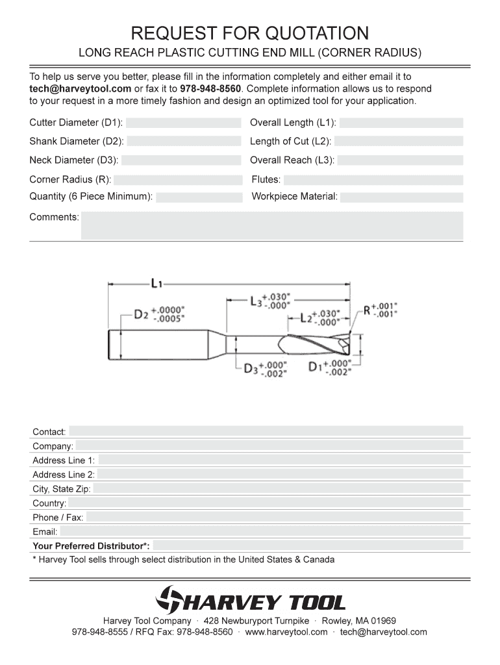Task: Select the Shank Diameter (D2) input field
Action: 184,141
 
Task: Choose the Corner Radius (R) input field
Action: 178,180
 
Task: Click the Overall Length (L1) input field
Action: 401,123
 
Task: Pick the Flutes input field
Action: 373,180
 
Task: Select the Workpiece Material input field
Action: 401,197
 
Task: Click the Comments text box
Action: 271,225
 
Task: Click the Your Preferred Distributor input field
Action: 308,546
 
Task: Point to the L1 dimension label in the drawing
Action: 156,283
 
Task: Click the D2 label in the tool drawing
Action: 141,314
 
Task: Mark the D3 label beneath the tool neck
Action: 251,368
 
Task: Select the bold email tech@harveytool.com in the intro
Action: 81,88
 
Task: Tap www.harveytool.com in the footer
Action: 286,632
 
